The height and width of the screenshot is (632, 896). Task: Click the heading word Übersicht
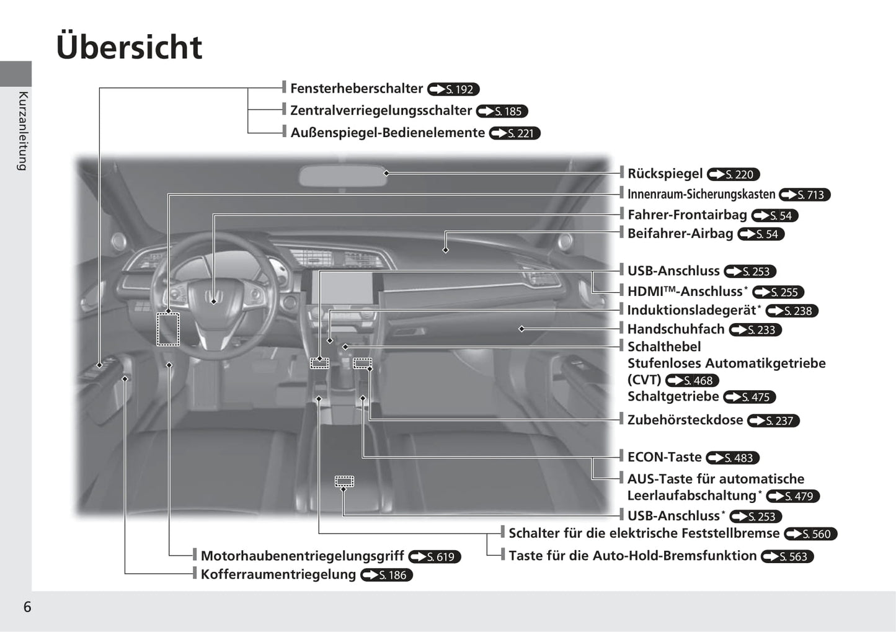tap(129, 47)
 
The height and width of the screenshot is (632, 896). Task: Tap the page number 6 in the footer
tap(27, 607)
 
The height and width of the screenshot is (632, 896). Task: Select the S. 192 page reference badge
tap(454, 89)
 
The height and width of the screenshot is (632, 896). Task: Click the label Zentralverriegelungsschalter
tap(381, 110)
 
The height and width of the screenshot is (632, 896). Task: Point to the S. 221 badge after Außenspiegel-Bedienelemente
tap(515, 133)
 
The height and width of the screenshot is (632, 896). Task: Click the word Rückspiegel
tap(665, 174)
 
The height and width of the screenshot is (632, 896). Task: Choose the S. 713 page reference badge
tap(804, 195)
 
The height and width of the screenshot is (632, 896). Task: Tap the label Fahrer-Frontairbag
tap(687, 215)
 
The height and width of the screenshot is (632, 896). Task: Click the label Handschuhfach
tap(675, 329)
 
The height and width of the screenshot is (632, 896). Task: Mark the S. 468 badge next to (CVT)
tap(693, 381)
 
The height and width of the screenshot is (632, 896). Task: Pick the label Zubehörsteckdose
tap(685, 420)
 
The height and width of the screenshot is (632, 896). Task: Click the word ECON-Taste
tap(664, 457)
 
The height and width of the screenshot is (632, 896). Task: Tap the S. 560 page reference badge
tap(810, 534)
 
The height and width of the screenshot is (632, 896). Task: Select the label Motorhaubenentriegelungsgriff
tap(302, 556)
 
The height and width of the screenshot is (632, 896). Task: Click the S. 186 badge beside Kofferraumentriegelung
tap(387, 575)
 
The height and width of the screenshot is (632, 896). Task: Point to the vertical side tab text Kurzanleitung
tap(23, 130)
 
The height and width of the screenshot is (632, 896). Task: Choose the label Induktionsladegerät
tap(691, 310)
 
